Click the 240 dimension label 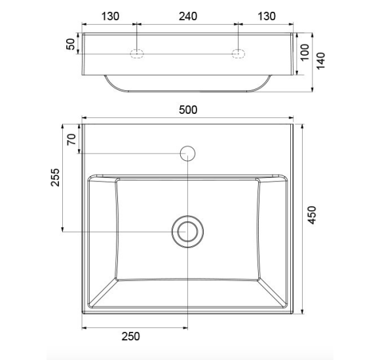coord(188,16)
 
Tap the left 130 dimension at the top coord(110,16)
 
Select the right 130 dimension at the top coord(267,16)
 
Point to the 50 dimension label coord(71,44)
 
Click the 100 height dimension coord(305,52)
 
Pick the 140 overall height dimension coord(320,61)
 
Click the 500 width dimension coord(188,110)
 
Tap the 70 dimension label coord(71,139)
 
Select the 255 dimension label coord(55,177)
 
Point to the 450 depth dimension coord(312,215)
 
